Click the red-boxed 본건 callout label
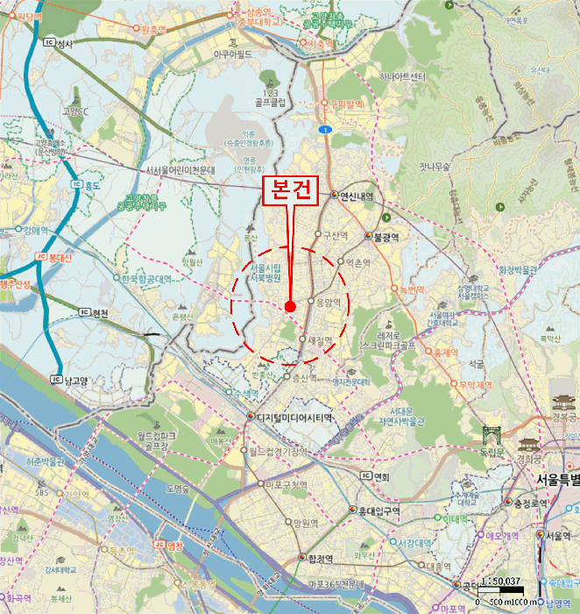[x=290, y=192]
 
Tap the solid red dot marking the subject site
[x=290, y=305]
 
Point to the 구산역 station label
[x=336, y=235]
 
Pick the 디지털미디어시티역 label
[x=296, y=417]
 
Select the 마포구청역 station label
[x=286, y=484]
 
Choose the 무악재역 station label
[x=475, y=383]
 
